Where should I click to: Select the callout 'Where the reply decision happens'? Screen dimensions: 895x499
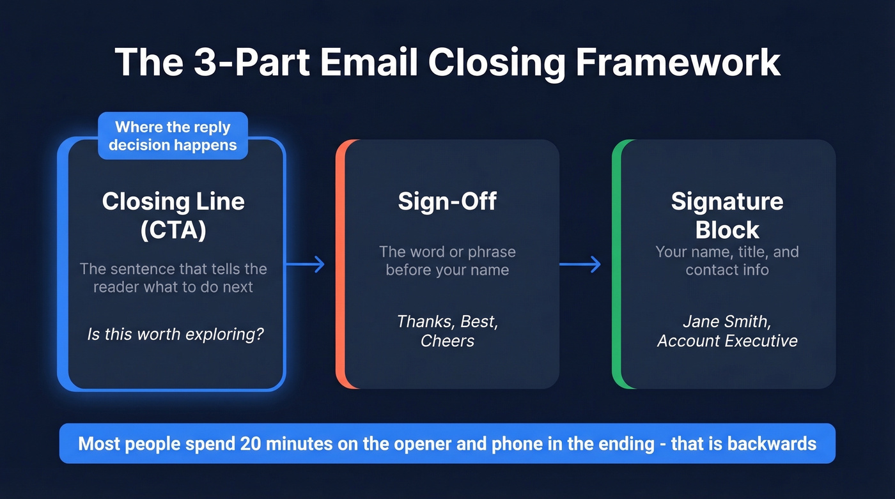coord(173,136)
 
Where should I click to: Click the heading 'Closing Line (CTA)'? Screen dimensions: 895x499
coord(173,215)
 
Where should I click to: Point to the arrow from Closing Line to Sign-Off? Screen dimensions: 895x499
coord(306,264)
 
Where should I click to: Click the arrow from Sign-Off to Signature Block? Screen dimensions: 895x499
coord(580,264)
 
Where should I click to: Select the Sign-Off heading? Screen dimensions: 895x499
coord(447,201)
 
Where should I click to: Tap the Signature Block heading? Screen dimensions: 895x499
coord(727,215)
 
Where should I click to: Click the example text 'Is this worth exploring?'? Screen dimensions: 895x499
coord(175,334)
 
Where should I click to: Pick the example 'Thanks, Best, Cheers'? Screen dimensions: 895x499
coord(447,330)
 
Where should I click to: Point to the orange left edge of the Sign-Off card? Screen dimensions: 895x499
coord(340,264)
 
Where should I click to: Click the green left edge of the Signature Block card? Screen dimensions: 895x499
coord(616,264)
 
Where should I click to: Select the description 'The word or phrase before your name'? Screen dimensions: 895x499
coord(447,261)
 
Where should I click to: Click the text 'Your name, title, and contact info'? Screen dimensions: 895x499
coord(727,261)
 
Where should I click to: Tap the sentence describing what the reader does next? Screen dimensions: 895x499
coord(173,277)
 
